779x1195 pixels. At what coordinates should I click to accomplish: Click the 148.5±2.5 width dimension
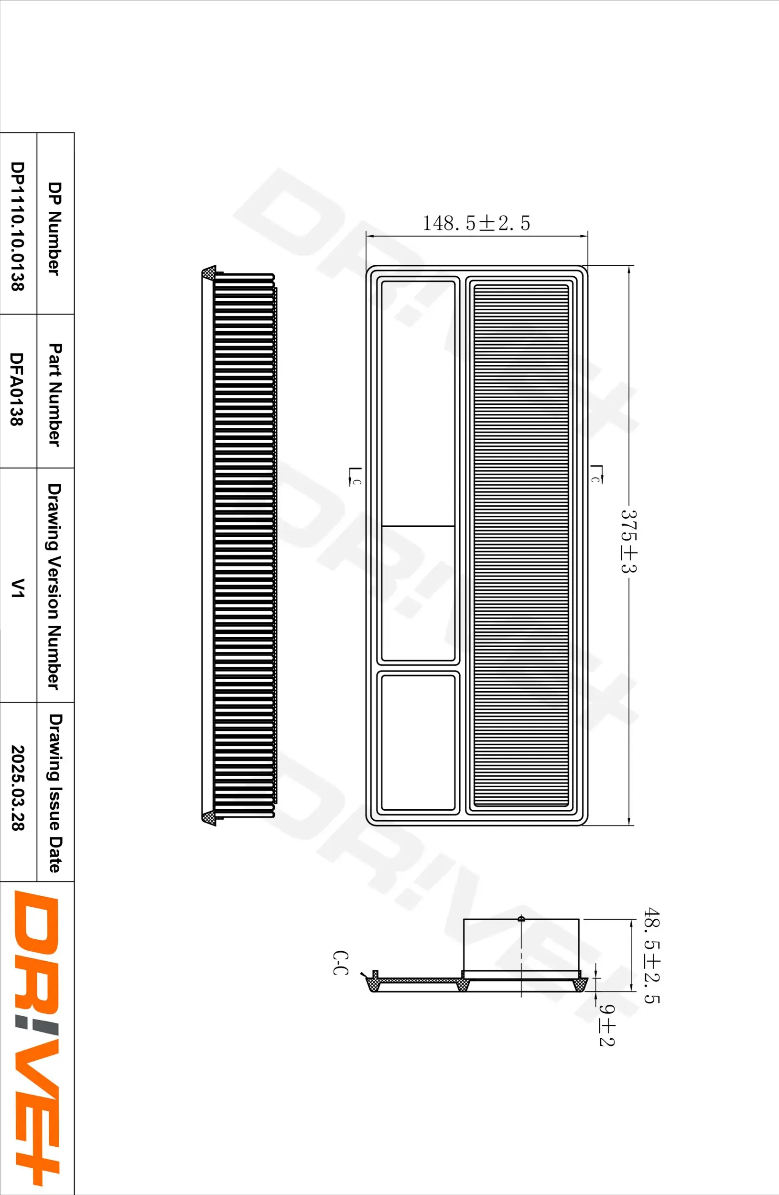point(476,223)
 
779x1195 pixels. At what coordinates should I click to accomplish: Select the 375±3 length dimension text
point(628,541)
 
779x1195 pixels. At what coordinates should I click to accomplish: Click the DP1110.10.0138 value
point(18,226)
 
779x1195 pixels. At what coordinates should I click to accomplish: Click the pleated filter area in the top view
point(521,545)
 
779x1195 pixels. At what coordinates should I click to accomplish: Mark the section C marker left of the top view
point(354,477)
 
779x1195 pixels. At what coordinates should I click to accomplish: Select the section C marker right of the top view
point(596,475)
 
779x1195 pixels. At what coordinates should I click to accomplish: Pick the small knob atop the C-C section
point(521,919)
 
